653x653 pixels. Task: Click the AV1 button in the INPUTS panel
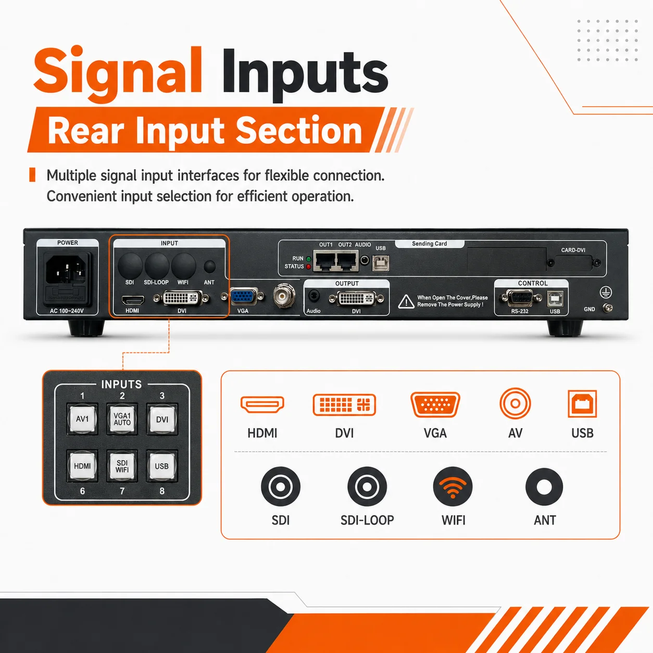tap(82, 419)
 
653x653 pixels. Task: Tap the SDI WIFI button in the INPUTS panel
tap(122, 466)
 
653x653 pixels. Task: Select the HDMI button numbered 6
tap(82, 466)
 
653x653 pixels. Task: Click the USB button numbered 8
tap(161, 466)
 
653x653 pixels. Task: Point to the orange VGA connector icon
tap(435, 405)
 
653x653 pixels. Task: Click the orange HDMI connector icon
tap(262, 405)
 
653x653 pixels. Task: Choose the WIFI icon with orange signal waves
tap(453, 486)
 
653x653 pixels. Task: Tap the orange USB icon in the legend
tap(582, 404)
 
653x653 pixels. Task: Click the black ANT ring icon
tap(544, 487)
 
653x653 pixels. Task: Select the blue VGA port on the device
tap(243, 296)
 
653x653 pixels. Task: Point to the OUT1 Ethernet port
tap(324, 261)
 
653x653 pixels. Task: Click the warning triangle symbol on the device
tap(406, 302)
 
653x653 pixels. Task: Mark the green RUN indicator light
tap(308, 259)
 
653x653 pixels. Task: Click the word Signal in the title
tap(118, 72)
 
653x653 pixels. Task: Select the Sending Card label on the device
tap(430, 244)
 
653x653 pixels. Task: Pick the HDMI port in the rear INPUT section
tap(133, 300)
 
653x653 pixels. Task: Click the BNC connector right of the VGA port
tap(284, 296)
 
